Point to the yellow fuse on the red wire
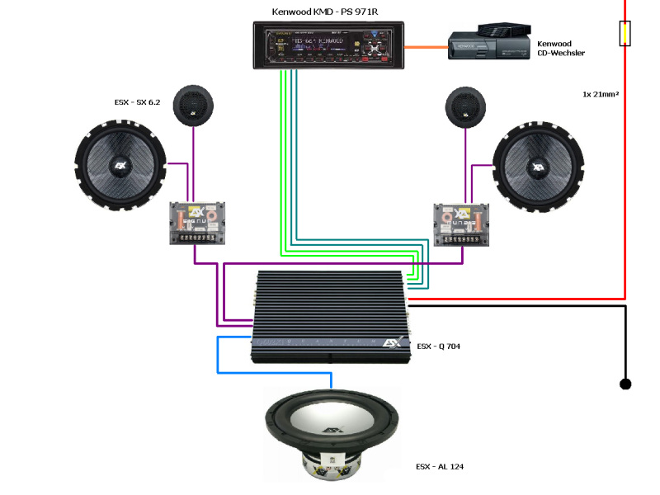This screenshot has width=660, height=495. click(x=625, y=34)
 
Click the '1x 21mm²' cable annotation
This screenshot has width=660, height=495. click(x=601, y=94)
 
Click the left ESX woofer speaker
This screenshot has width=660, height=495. click(x=120, y=165)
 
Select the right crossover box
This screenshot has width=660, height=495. click(x=462, y=223)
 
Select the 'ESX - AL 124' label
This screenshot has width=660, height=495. click(x=440, y=467)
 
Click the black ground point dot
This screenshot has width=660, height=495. click(x=625, y=384)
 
